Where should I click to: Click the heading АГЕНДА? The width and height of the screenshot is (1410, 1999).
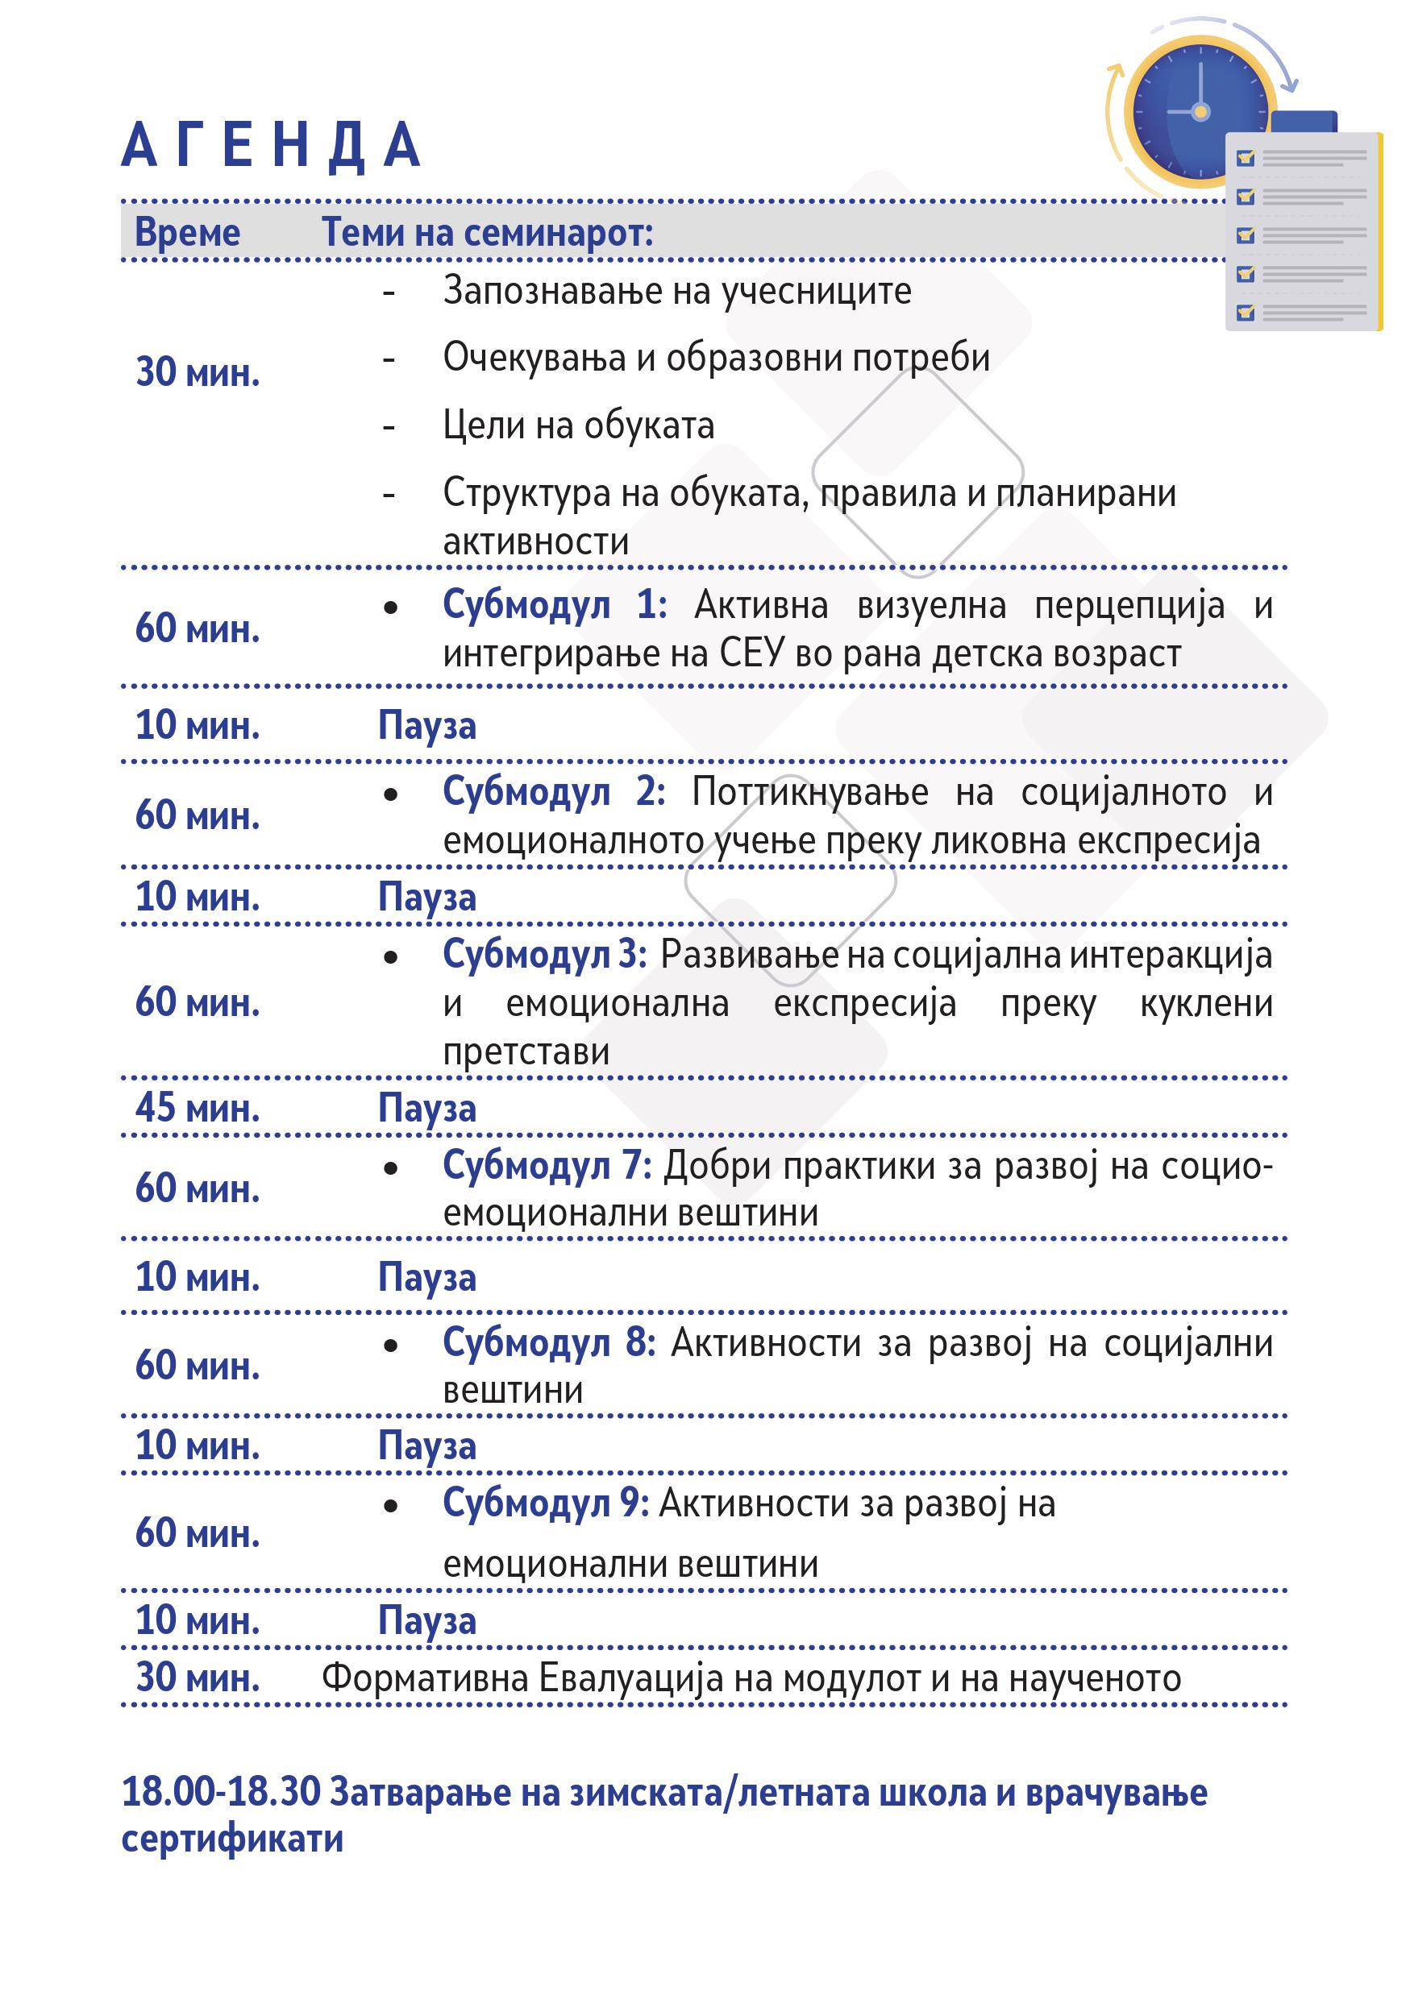click(x=271, y=145)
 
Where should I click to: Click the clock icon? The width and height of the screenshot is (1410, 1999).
click(x=1200, y=111)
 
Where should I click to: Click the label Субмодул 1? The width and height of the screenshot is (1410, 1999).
click(x=554, y=604)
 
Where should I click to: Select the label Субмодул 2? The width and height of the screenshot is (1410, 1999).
click(x=554, y=791)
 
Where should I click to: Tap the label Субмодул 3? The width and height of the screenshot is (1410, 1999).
click(x=544, y=954)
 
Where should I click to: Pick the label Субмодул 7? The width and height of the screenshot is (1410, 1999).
click(x=547, y=1165)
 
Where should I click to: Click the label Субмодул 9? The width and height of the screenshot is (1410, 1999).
click(x=545, y=1503)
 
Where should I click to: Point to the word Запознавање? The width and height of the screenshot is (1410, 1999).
click(x=553, y=291)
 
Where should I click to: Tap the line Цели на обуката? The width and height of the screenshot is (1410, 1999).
click(x=578, y=425)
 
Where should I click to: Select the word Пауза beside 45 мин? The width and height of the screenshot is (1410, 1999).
click(x=426, y=1109)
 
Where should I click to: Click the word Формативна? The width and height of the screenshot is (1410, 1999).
click(x=424, y=1678)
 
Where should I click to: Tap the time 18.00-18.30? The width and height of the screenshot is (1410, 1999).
click(x=221, y=1792)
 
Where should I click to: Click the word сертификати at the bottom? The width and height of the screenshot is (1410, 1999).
click(x=231, y=1839)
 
